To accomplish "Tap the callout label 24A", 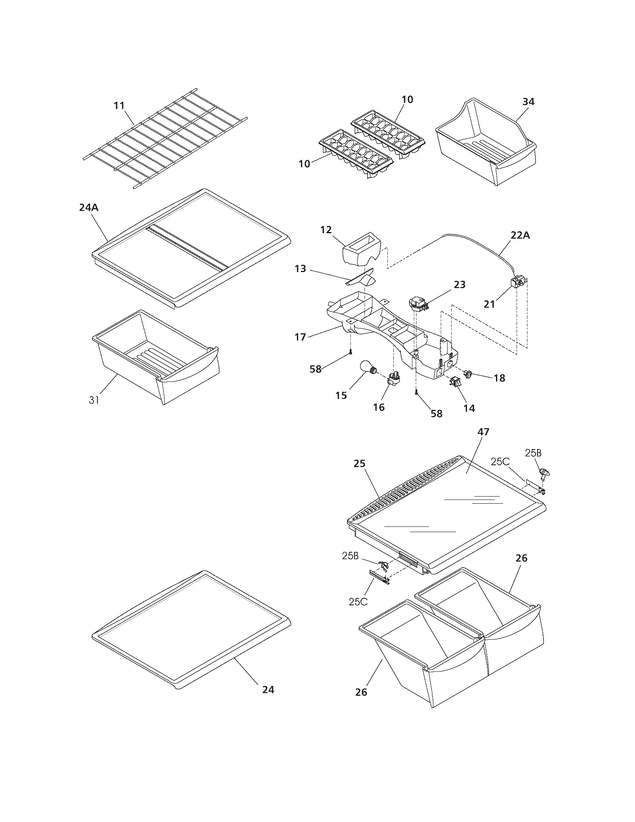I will pos(89,207).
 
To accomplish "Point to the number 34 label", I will pos(528,102).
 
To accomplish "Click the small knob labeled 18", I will pos(468,373).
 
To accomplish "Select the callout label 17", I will pos(300,337).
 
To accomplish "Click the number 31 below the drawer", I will pos(94,400).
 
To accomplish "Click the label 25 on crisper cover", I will pos(359,464).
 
